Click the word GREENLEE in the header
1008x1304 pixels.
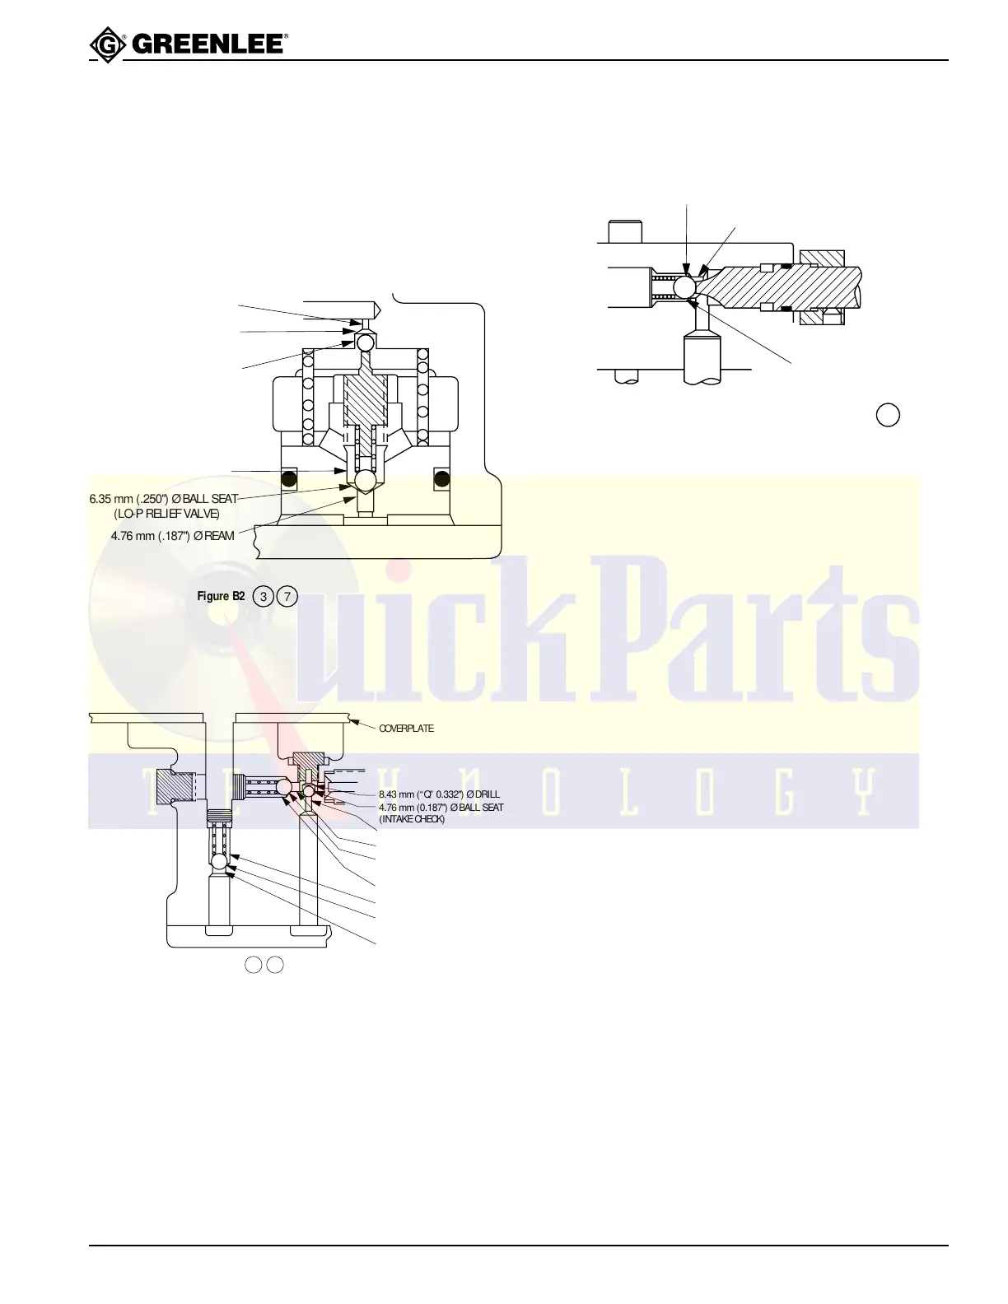[x=208, y=44]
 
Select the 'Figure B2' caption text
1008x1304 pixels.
[x=221, y=596]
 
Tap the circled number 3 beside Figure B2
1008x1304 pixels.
[x=263, y=596]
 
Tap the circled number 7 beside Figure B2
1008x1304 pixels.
[x=287, y=596]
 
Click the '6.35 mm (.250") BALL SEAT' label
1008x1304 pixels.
[x=163, y=499]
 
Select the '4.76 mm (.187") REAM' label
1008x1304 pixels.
[x=173, y=536]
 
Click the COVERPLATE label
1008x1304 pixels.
[x=406, y=729]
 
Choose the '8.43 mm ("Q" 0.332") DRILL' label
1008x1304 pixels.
[x=439, y=794]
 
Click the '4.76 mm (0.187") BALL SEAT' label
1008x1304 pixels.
[x=441, y=808]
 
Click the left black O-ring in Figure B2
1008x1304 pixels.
[x=288, y=477]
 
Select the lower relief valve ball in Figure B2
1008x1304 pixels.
[x=366, y=478]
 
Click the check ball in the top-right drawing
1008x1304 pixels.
[x=685, y=286]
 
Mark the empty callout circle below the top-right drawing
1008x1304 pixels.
[x=887, y=415]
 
